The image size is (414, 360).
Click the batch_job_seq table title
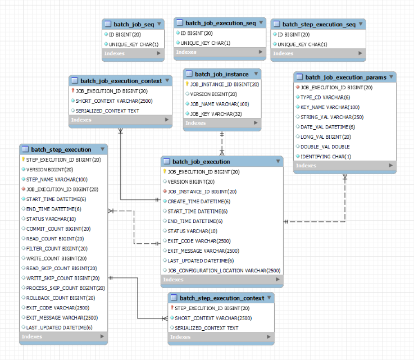coord(130,24)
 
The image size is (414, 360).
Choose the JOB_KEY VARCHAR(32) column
coord(216,114)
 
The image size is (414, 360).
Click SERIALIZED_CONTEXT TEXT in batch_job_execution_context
coord(107,111)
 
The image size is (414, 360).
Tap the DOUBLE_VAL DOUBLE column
coord(325,147)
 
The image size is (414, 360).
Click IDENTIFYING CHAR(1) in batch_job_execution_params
coord(326,157)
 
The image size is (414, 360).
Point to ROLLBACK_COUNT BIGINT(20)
coord(58,298)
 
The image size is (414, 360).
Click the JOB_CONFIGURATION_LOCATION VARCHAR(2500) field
coord(224,270)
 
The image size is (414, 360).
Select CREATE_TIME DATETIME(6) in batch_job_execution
coord(199,201)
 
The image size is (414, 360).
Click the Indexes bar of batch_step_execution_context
coord(220,337)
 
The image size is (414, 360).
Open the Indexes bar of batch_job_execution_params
coord(344,166)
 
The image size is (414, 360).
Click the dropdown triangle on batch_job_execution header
coord(277,162)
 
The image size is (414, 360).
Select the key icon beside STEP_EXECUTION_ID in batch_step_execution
coord(23,160)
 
